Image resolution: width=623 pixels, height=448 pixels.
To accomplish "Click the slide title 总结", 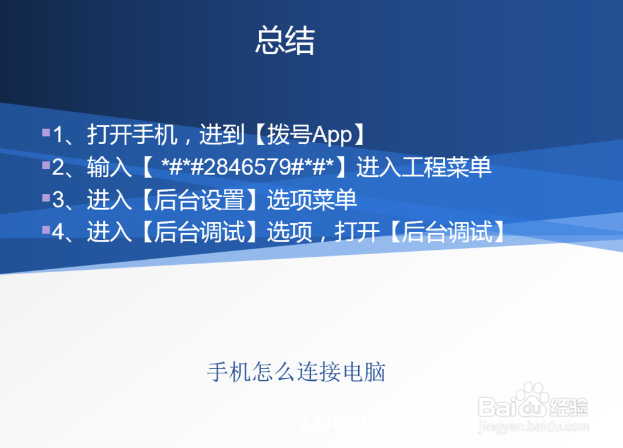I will click(285, 41).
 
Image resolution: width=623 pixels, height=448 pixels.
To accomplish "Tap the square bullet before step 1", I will click(45, 133).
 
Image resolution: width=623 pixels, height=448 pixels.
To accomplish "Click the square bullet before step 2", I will click(45, 166).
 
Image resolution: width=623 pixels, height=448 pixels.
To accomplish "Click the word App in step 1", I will click(333, 135).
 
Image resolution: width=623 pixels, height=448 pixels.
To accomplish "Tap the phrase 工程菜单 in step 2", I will click(447, 167).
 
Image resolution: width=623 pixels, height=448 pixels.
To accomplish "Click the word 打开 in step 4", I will click(357, 232).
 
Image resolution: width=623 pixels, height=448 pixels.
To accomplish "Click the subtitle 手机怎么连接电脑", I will click(296, 372).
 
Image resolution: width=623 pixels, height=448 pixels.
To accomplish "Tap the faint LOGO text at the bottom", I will click(333, 422).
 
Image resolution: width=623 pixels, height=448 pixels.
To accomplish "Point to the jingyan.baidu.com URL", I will click(533, 427).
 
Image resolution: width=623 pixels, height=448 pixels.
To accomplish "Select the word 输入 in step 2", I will click(109, 167).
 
